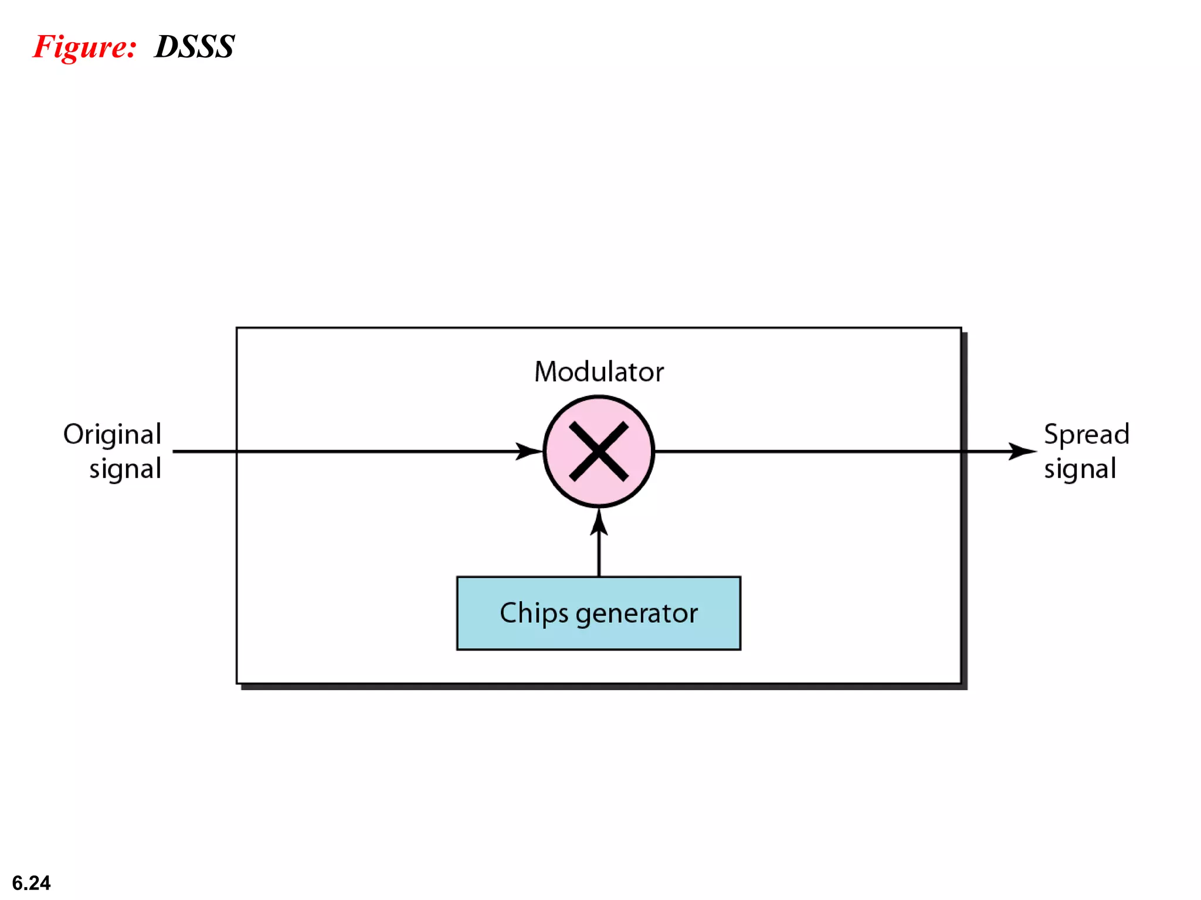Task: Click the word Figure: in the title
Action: coord(84,47)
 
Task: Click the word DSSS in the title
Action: coord(194,47)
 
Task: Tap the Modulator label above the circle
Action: coord(599,372)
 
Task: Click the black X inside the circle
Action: coord(599,452)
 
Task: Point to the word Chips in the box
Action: coord(534,613)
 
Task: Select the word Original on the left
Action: coord(112,435)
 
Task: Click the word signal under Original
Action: coord(125,469)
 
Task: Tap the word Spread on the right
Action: coord(1086,435)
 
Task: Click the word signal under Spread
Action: coord(1080,469)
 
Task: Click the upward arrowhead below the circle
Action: coord(599,523)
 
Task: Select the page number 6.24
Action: coord(31,882)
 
